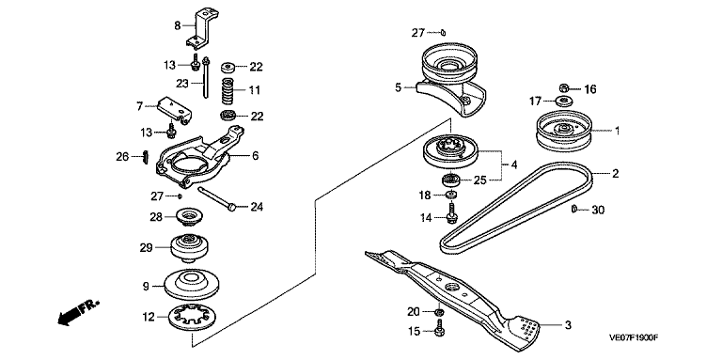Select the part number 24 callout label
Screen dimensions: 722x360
click(257, 207)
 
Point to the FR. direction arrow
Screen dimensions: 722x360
click(79, 313)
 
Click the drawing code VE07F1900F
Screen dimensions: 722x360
click(633, 337)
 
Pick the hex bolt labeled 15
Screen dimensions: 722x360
click(439, 331)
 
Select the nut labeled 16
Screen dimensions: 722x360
click(564, 87)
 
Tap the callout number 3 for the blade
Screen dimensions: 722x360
click(568, 325)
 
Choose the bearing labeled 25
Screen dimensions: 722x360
click(449, 180)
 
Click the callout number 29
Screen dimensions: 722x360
click(146, 247)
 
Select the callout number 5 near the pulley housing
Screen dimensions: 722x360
click(399, 86)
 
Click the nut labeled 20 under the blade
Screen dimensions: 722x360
click(439, 313)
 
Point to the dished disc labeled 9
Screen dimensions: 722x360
click(192, 283)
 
